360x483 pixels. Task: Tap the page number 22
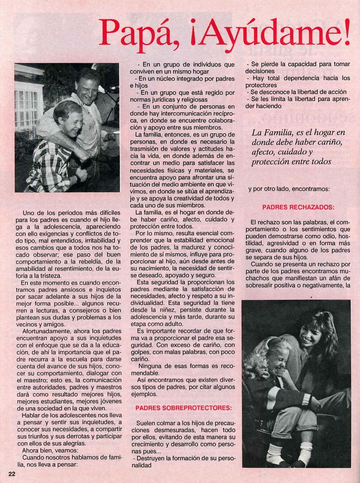[x=12, y=474]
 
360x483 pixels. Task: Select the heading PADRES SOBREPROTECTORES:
[x=183, y=408]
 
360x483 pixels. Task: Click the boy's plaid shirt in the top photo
[x=47, y=166]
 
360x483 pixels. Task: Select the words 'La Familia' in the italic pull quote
[x=269, y=133]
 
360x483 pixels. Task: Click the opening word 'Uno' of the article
[x=29, y=212]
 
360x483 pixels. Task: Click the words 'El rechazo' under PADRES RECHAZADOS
[x=267, y=222]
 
